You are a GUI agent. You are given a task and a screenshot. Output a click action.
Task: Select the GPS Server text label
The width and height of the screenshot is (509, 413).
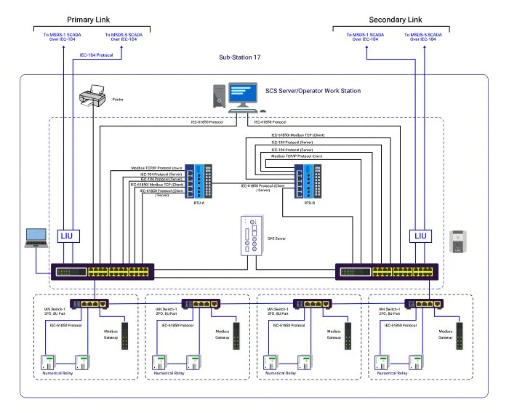(x=277, y=237)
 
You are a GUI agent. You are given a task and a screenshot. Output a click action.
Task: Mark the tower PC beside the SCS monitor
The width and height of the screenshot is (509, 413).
(x=219, y=96)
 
